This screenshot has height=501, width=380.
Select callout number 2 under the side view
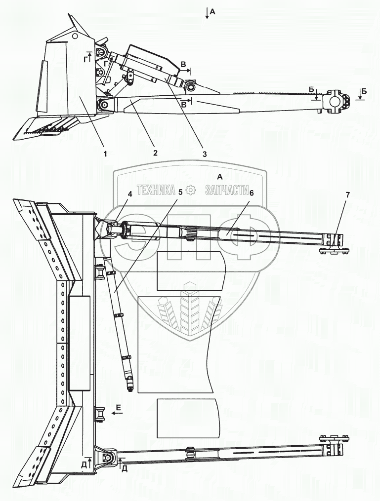click(156, 153)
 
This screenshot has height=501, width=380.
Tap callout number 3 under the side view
click(205, 154)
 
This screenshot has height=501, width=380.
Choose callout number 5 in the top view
click(180, 193)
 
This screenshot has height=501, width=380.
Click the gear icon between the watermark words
click(191, 191)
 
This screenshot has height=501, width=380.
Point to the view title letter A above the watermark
click(220, 177)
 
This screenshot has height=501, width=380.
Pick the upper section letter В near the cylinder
click(183, 64)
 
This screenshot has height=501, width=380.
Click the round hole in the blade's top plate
click(76, 36)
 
